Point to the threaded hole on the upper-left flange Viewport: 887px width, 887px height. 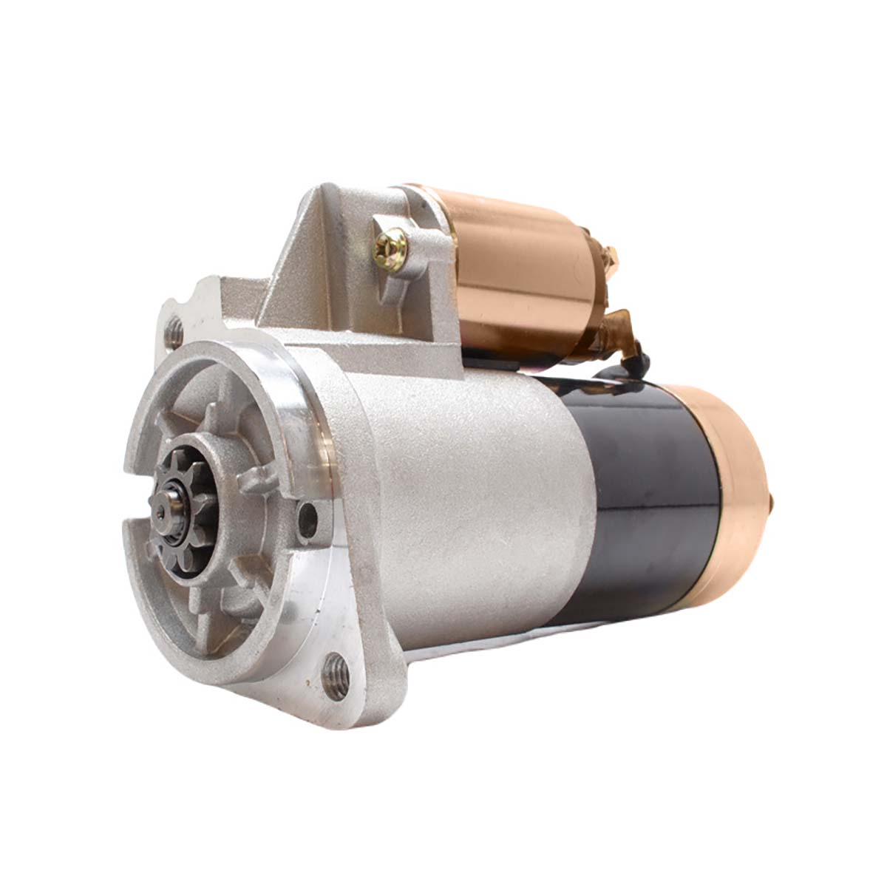pyautogui.click(x=176, y=331)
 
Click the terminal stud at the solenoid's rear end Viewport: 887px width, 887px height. pyautogui.click(x=613, y=258)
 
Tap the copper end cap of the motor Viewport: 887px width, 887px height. pyautogui.click(x=728, y=473)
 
